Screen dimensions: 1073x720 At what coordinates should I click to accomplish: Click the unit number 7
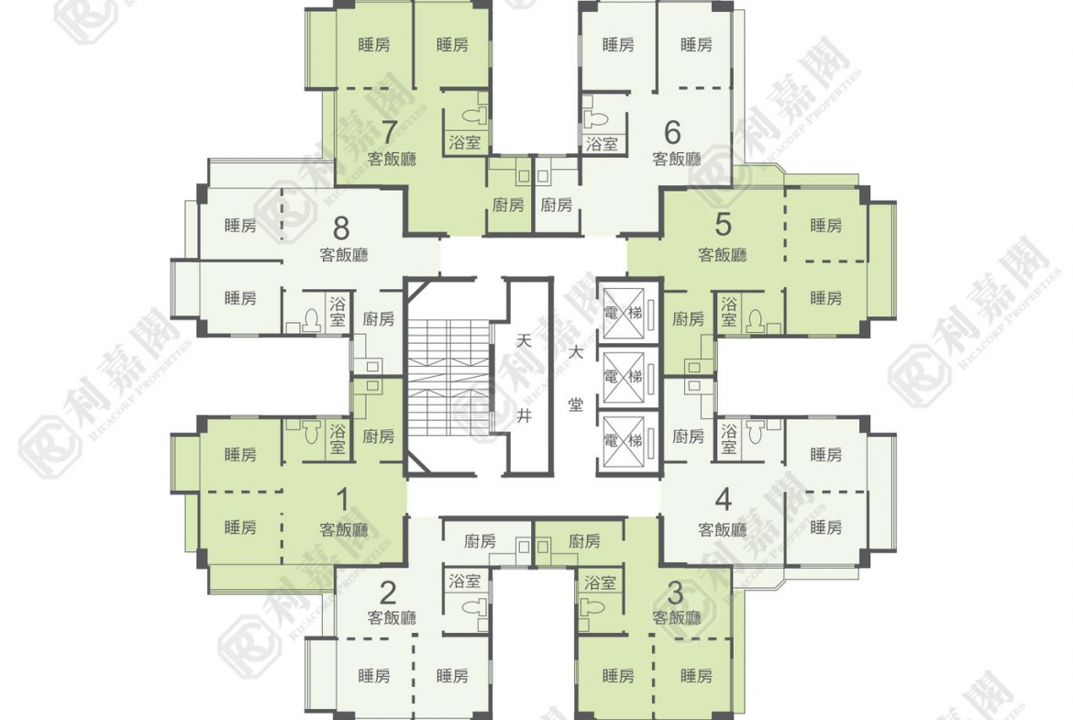click(x=390, y=132)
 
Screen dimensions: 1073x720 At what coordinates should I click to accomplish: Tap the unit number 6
click(x=672, y=132)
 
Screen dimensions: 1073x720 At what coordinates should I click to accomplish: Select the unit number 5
click(x=724, y=225)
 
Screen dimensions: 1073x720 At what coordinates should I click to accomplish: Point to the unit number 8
click(x=341, y=227)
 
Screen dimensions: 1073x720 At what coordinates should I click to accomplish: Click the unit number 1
click(x=343, y=500)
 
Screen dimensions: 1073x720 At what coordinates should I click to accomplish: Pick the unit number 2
click(x=388, y=592)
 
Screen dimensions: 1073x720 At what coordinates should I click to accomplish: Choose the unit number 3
click(x=675, y=592)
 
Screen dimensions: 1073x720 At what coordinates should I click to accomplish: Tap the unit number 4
click(x=724, y=500)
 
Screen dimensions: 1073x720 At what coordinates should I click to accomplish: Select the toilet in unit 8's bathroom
click(x=312, y=320)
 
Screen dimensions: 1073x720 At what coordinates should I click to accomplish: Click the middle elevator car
click(x=624, y=375)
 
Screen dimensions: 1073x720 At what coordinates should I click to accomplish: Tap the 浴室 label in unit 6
click(x=603, y=144)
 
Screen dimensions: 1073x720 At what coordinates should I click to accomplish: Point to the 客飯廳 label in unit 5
click(x=723, y=255)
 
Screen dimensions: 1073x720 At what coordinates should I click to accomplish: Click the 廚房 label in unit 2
click(x=480, y=541)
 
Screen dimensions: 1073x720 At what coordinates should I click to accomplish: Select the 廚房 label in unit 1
click(x=379, y=436)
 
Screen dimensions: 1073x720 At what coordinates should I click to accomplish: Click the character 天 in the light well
click(x=524, y=340)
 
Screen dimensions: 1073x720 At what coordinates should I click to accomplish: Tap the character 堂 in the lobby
click(x=576, y=404)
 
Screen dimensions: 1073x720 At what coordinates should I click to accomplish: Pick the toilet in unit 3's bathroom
click(x=592, y=606)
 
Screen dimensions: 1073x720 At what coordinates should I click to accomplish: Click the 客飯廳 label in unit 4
click(x=723, y=529)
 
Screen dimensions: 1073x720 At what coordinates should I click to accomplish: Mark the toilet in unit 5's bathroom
click(x=756, y=320)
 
